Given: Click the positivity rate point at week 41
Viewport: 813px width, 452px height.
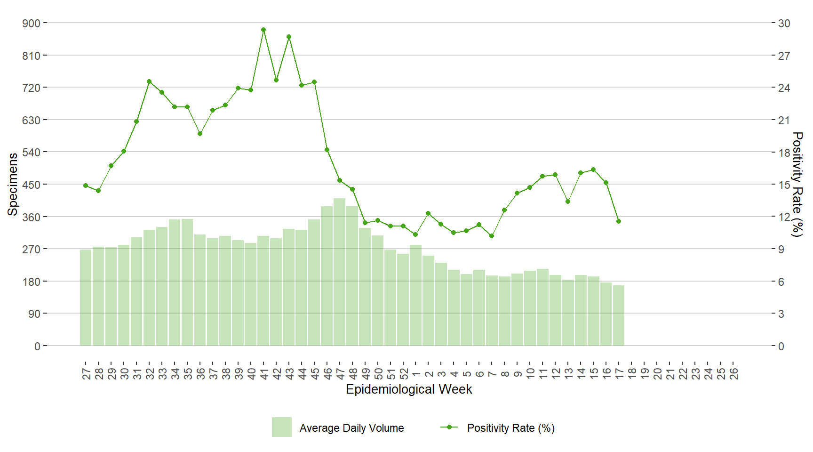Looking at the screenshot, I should click(263, 30).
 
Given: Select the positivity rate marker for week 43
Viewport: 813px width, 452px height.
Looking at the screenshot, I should click(289, 37).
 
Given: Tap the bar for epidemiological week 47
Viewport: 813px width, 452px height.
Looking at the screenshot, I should click(340, 272).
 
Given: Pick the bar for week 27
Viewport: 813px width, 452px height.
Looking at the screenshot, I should click(86, 298).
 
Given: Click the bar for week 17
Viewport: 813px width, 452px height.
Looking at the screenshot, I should click(619, 315).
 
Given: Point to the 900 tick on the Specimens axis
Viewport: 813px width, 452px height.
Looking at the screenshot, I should click(31, 23).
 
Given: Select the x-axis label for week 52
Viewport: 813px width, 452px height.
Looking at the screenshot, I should click(403, 374).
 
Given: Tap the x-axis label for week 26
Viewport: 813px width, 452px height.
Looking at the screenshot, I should click(733, 374).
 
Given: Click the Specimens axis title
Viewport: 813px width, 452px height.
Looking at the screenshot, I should click(13, 184).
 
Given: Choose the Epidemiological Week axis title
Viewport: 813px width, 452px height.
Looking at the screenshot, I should click(409, 389).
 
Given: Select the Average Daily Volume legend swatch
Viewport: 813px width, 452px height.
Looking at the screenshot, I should click(281, 427).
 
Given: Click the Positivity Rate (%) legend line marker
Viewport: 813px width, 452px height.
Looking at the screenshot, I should click(449, 428).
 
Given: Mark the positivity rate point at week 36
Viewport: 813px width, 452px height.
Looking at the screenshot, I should click(200, 134).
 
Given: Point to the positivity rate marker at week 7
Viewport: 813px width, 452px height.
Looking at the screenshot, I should click(492, 236).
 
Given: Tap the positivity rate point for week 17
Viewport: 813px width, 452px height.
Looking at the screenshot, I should click(619, 221).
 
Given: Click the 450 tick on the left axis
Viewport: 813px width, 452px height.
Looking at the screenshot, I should click(31, 185).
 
